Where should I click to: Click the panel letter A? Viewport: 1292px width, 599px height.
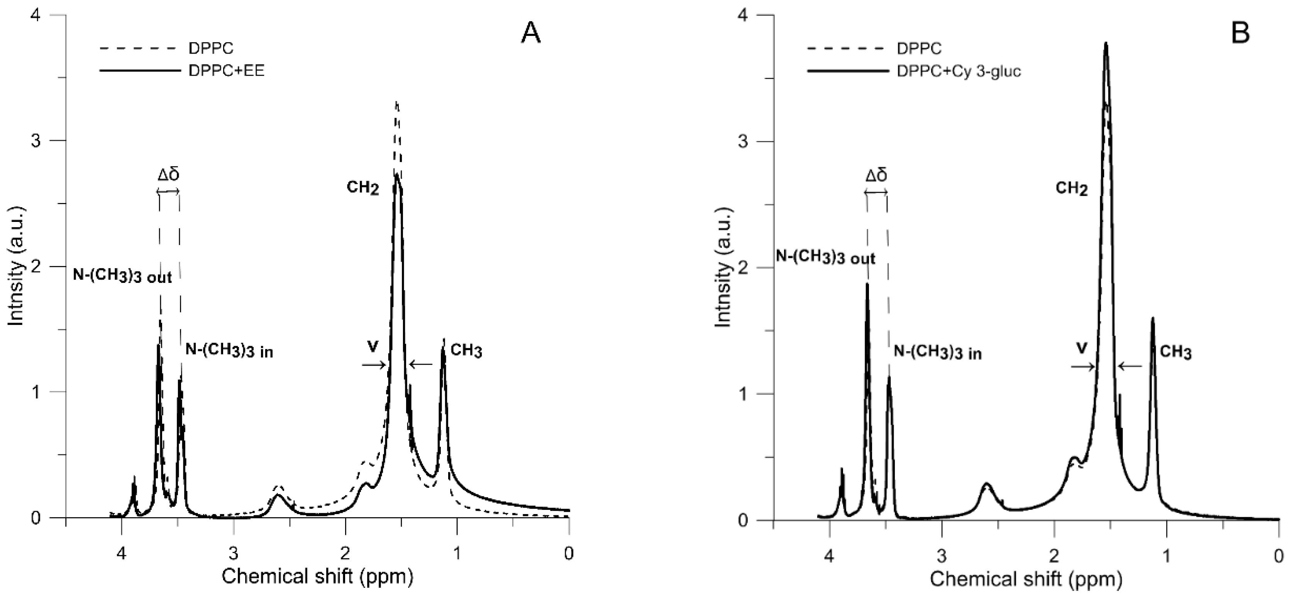pos(531,34)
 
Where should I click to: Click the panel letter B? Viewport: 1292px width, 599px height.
pos(1240,34)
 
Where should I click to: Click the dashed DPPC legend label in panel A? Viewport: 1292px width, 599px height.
pos(211,48)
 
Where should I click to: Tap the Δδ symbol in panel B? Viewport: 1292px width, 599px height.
pos(876,176)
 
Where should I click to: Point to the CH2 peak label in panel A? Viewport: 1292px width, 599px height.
pos(362,188)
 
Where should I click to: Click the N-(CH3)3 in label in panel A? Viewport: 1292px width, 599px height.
pos(229,351)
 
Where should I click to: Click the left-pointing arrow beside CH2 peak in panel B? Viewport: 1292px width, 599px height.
pos(1129,367)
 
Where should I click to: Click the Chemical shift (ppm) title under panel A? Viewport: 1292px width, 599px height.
pos(317,577)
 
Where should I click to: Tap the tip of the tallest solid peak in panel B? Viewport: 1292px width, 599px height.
pos(1106,44)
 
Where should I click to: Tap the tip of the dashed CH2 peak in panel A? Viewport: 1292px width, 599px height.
pos(397,103)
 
